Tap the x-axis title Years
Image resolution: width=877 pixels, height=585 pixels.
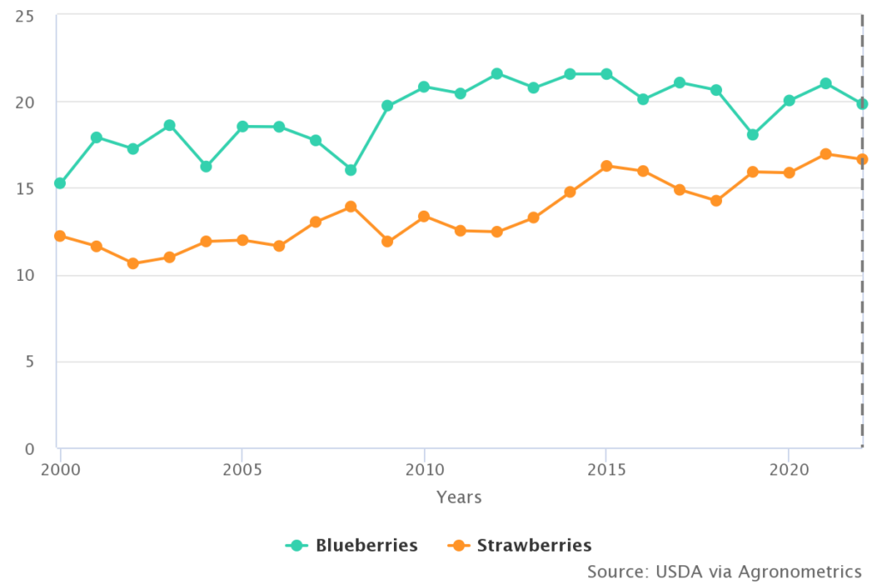pyautogui.click(x=459, y=498)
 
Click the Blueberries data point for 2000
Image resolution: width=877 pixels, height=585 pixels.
pyautogui.click(x=60, y=183)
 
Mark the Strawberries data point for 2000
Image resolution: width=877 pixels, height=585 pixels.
pyautogui.click(x=60, y=236)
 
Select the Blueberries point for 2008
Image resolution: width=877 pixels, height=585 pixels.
pyautogui.click(x=351, y=170)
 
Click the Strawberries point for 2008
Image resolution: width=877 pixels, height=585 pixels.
pyautogui.click(x=351, y=206)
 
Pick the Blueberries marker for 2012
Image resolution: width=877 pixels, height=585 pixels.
pyautogui.click(x=497, y=74)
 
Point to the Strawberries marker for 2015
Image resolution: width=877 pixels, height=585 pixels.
pyautogui.click(x=606, y=166)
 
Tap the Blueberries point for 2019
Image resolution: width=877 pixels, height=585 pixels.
pyautogui.click(x=752, y=134)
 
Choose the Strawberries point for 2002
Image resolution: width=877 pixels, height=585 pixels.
pyautogui.click(x=133, y=263)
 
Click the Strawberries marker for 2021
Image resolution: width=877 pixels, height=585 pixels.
pyautogui.click(x=825, y=154)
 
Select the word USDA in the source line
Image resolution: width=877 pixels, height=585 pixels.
pyautogui.click(x=679, y=571)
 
